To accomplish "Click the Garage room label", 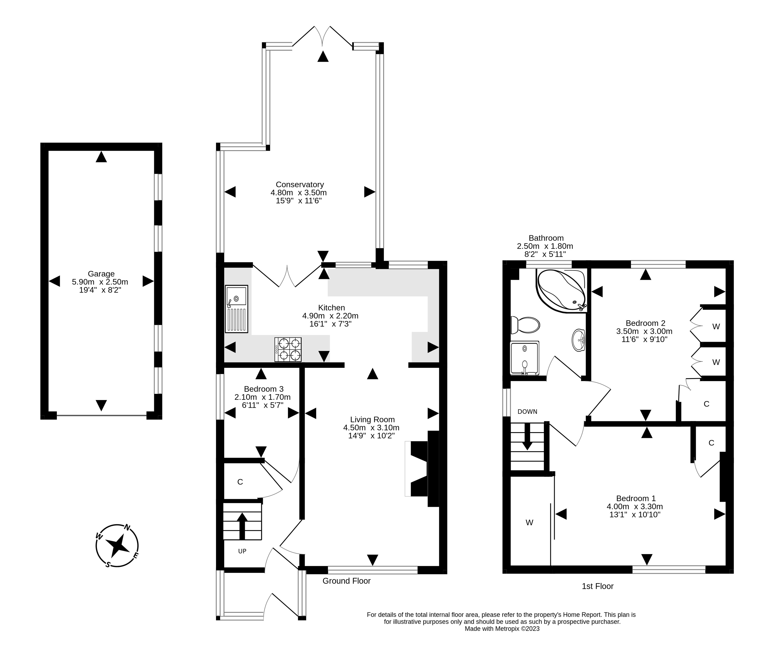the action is point(101,274).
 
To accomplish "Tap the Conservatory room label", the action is point(300,185).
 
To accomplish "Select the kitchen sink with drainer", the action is point(236,309).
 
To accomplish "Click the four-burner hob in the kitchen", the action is point(288,349).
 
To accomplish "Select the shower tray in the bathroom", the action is point(524,358).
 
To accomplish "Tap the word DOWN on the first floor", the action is point(527,412).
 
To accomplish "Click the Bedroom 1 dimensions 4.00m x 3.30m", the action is point(635,507).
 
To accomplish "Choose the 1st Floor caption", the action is point(598,586).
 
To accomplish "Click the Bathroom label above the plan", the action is point(546,238).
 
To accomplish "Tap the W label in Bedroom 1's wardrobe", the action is point(530,523).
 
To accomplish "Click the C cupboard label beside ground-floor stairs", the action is point(240,482).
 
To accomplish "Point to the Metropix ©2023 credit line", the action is point(502,629).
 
